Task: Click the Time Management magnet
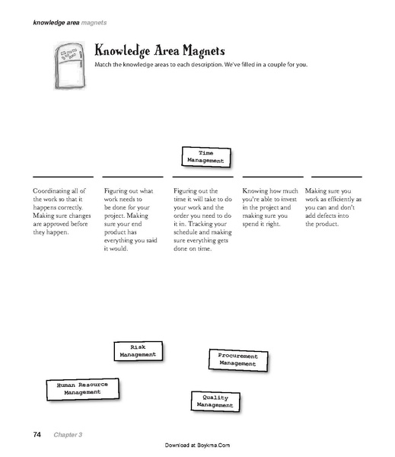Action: point(205,157)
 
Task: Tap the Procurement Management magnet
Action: point(237,360)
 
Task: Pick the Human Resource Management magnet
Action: point(82,388)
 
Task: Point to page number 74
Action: point(37,434)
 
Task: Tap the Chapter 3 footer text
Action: point(67,435)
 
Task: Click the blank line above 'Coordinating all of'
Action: point(56,177)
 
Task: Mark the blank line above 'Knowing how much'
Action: point(272,177)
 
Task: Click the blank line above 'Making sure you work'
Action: point(336,177)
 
